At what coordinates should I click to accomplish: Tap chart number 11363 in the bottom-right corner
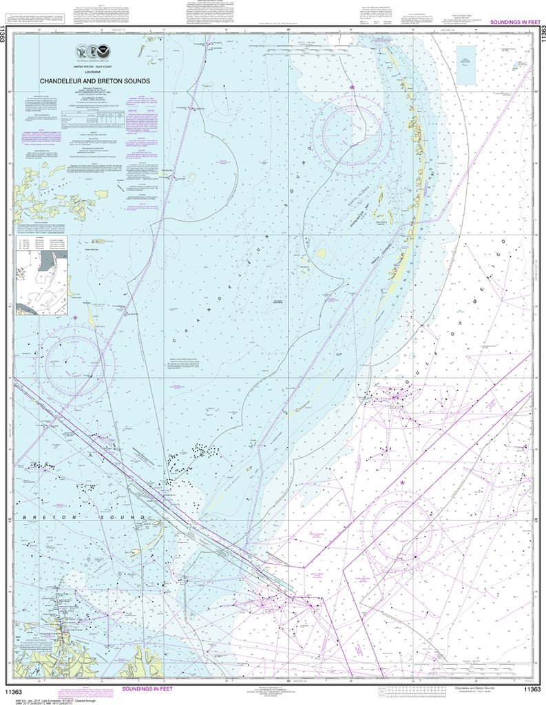[531, 690]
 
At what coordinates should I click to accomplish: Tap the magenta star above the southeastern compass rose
[402, 483]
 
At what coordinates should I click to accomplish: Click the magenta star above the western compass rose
[74, 317]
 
